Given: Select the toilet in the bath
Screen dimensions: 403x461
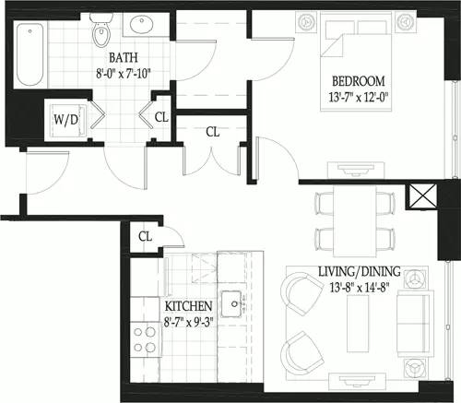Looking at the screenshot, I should click(100, 31).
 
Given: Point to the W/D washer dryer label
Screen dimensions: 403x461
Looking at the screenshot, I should click(65, 119).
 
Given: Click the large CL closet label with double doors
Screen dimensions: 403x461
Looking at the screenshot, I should click(213, 132).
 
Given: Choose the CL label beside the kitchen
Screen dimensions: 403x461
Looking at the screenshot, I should click(145, 236).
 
